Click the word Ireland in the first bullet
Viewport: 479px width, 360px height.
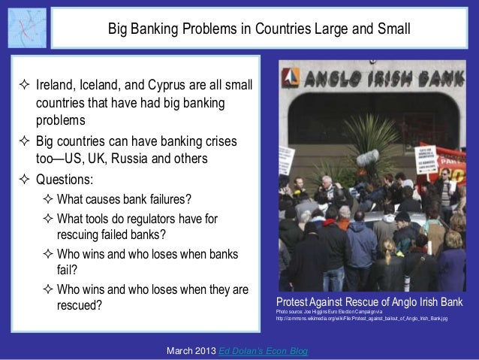56,87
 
